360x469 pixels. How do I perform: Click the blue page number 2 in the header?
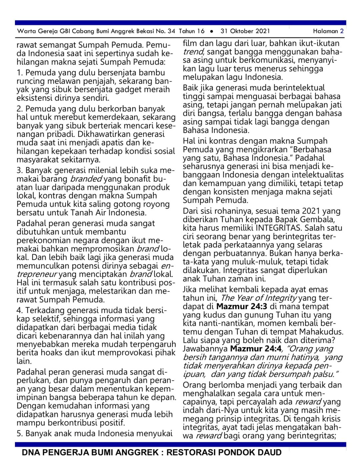[x=342, y=31]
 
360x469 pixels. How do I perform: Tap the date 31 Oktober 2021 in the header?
[x=245, y=31]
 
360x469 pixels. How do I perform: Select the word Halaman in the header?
[x=325, y=31]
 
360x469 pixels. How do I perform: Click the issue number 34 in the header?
[x=171, y=31]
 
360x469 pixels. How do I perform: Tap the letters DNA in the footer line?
[x=31, y=453]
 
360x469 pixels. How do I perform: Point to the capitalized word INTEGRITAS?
[x=279, y=228]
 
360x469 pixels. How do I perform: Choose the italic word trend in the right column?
[x=193, y=52]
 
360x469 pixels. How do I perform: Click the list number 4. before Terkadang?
[x=20, y=310]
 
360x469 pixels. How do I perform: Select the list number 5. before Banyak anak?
[x=20, y=434]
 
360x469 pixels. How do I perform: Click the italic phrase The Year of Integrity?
[x=258, y=298]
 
